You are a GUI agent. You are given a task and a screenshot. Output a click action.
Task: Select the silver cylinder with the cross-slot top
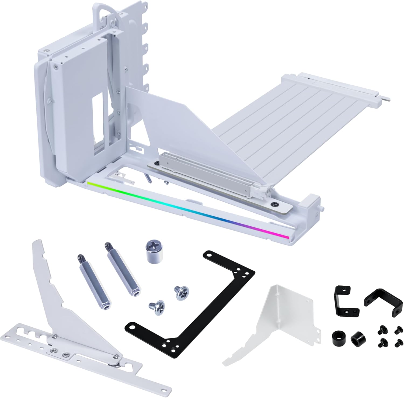tap(154, 251)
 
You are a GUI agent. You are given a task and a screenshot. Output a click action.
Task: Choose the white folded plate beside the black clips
tap(272, 313)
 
